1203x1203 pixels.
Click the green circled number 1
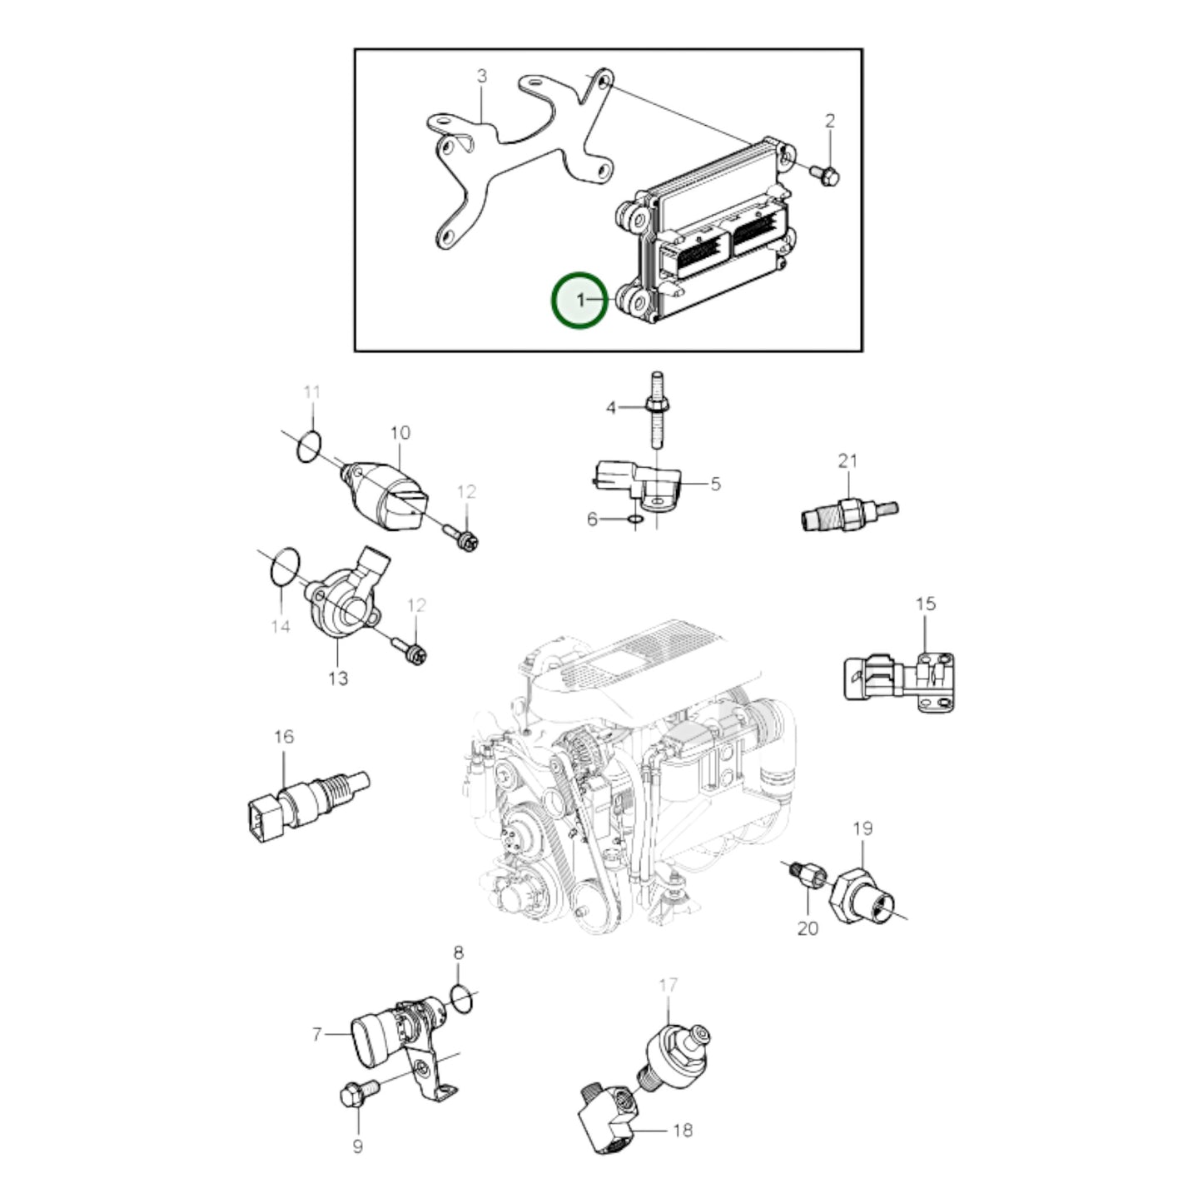point(579,301)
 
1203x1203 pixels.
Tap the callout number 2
point(830,121)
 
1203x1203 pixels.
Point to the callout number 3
point(481,76)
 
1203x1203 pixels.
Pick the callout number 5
point(715,484)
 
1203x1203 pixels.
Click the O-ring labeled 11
point(308,447)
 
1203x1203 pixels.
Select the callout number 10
point(400,433)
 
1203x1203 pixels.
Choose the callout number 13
point(338,678)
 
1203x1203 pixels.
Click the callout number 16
point(283,737)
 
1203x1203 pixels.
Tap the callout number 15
point(926,604)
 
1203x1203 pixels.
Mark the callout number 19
point(862,828)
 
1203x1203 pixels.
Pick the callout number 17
point(668,986)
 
